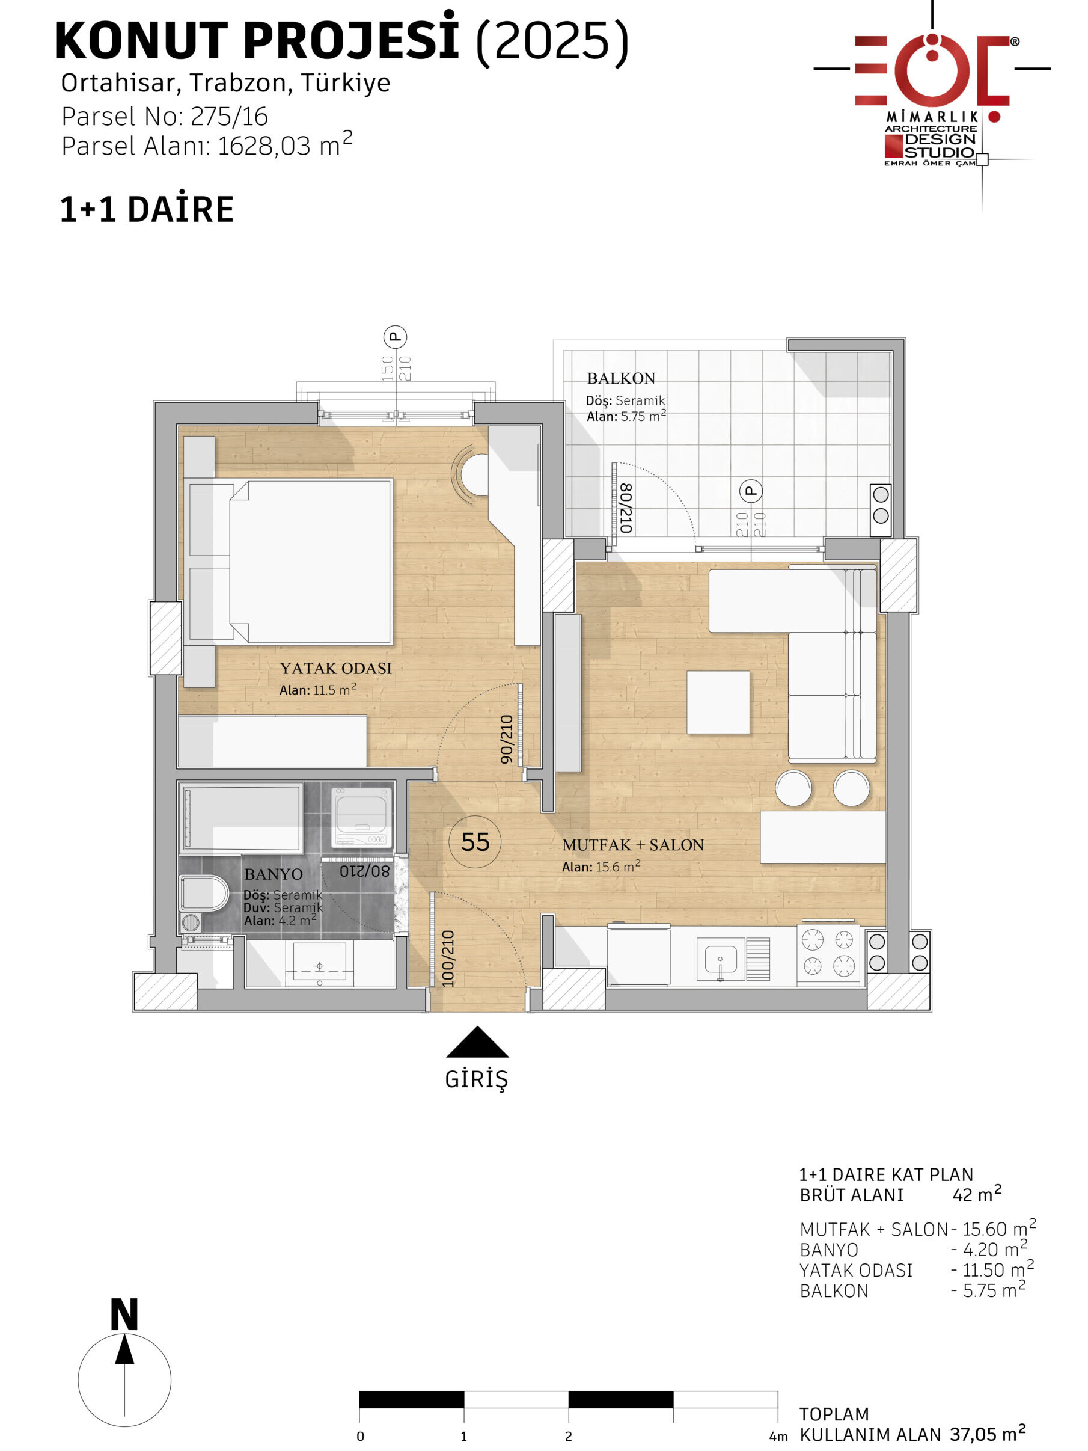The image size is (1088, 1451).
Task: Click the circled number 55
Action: tap(475, 842)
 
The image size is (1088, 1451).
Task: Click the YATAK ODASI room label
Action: tap(336, 669)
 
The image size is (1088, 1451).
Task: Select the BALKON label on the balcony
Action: tap(621, 378)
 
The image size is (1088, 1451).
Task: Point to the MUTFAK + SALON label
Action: tap(633, 845)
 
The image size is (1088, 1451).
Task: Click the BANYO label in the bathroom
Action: tap(274, 874)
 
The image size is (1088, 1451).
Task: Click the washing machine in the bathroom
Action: tap(361, 817)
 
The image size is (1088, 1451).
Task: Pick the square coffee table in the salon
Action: tap(718, 702)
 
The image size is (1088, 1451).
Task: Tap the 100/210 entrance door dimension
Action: tap(448, 959)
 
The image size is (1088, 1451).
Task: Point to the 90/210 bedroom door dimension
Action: tap(506, 739)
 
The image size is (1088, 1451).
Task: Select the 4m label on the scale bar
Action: tap(778, 1437)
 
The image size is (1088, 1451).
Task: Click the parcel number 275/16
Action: tap(230, 117)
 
